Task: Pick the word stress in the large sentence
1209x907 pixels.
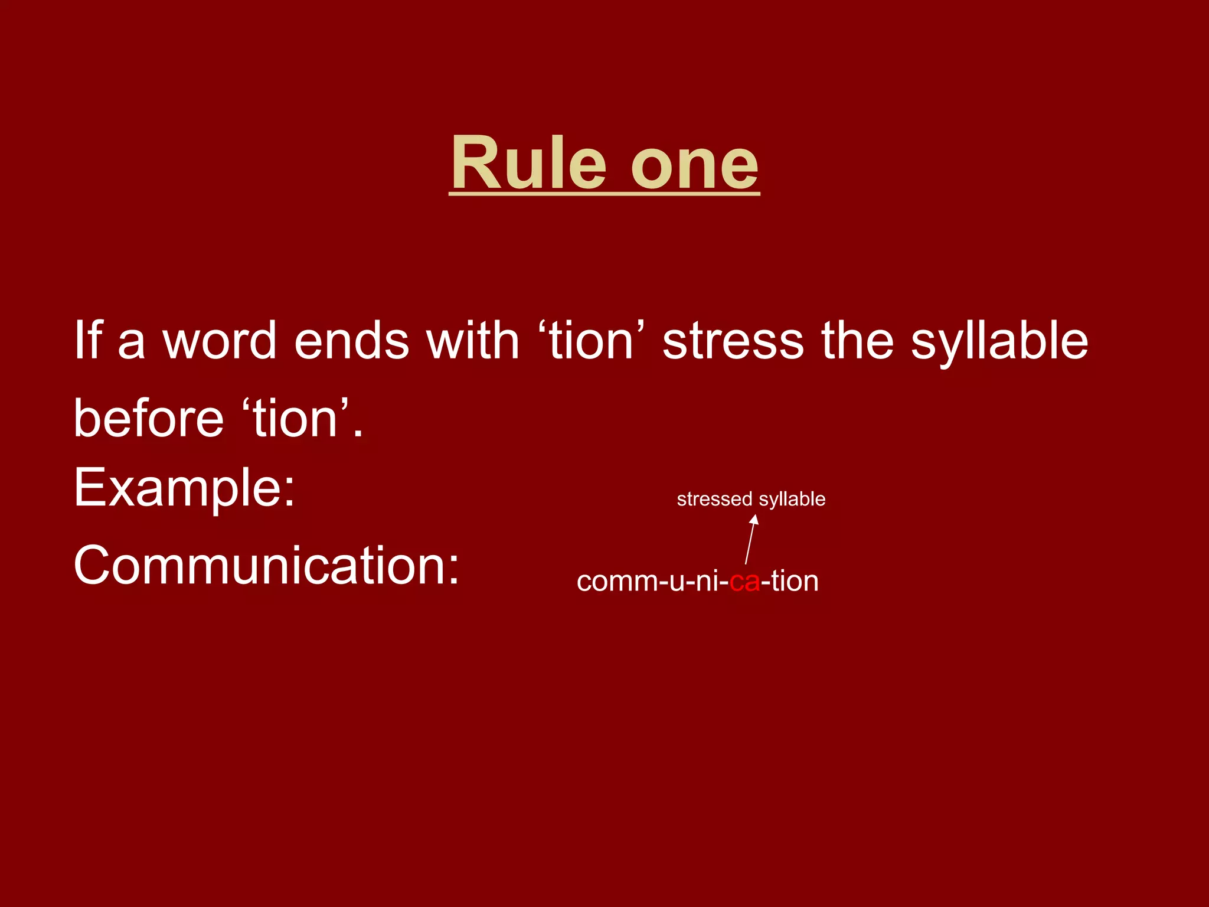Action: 733,341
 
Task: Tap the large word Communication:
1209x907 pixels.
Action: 266,565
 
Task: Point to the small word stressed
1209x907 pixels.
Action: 715,499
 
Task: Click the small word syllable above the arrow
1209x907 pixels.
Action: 792,500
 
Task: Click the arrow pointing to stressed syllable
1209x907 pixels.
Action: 750,539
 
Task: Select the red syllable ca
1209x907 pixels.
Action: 744,582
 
